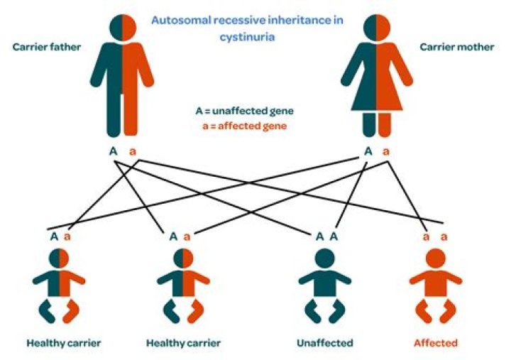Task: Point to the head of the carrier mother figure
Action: (375, 27)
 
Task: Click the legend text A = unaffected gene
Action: (244, 111)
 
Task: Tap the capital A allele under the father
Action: (112, 152)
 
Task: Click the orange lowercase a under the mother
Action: (386, 152)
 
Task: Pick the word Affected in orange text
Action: (436, 343)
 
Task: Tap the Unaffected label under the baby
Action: (324, 343)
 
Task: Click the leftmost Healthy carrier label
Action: (64, 343)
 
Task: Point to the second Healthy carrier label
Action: (182, 343)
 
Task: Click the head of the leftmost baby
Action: (59, 258)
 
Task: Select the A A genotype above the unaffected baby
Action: (324, 236)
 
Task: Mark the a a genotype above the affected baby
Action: (435, 236)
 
